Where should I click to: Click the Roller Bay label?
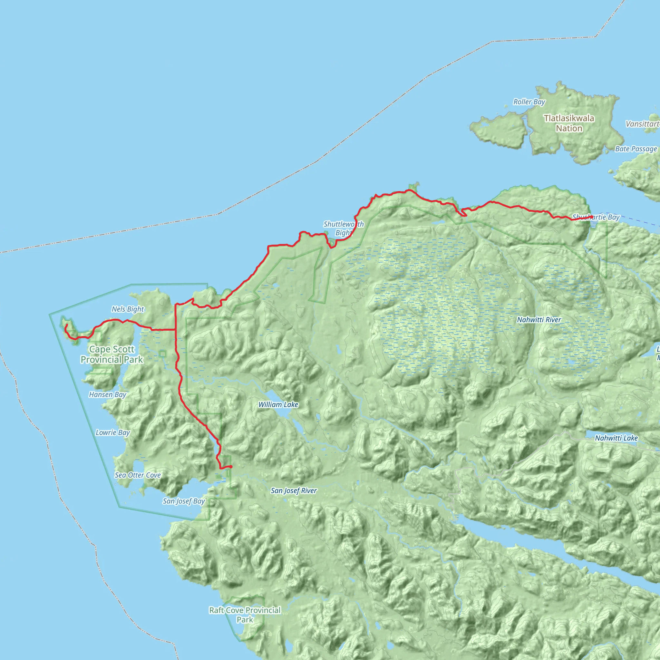coord(529,102)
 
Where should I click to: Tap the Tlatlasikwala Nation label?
coord(569,123)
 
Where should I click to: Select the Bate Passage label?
coord(636,149)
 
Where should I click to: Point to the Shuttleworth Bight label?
coord(343,228)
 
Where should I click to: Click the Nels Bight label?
coord(128,309)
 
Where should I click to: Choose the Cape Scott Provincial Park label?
coord(112,354)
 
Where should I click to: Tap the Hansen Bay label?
coord(108,394)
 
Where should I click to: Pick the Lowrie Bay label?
coord(113,432)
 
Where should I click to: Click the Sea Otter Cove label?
coord(138,475)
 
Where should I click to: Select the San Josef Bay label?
coord(184,501)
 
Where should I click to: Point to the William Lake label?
coord(278,404)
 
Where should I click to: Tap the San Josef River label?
coord(294,490)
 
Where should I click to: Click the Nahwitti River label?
coord(539,320)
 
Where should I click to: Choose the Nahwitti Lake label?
coord(616,438)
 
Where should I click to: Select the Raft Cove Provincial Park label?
coord(245,615)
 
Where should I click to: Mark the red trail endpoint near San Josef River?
coord(231,467)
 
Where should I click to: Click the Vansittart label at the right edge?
coord(642,124)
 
